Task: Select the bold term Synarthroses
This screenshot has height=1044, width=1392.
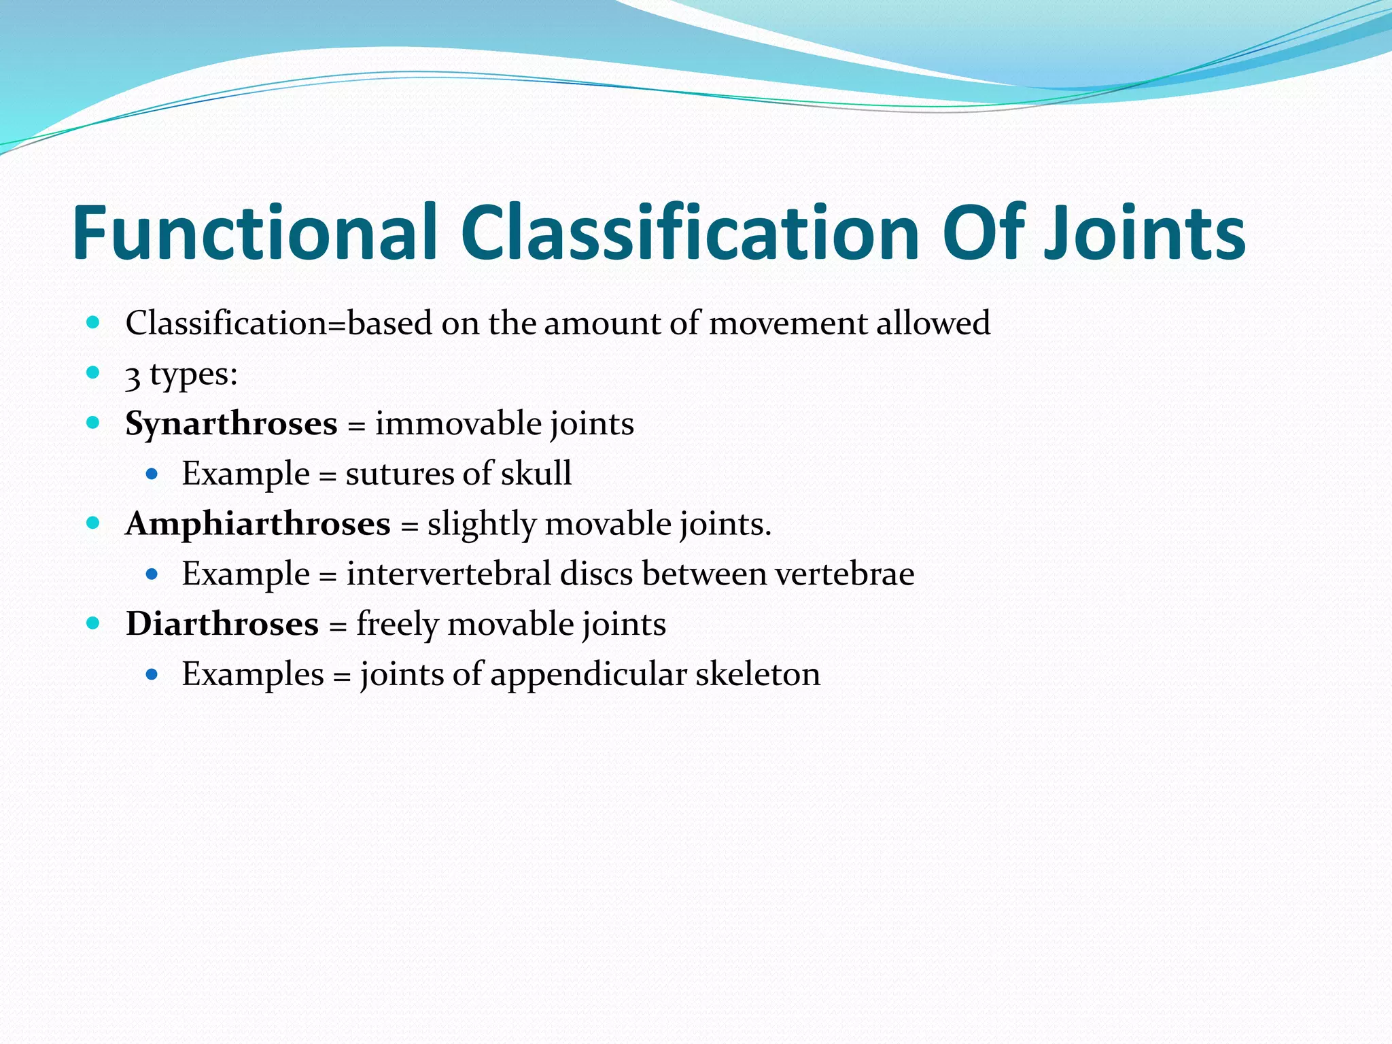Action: pyautogui.click(x=231, y=424)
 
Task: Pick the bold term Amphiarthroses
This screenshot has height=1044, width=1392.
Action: pyautogui.click(x=258, y=524)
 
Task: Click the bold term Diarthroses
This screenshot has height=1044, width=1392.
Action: pyautogui.click(x=222, y=624)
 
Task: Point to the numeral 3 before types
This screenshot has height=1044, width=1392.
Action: pyautogui.click(x=133, y=376)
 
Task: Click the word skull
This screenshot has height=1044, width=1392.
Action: pyautogui.click(x=536, y=473)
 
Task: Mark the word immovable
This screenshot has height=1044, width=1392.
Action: pyautogui.click(x=458, y=424)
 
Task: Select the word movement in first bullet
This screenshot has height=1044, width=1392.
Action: pyautogui.click(x=788, y=324)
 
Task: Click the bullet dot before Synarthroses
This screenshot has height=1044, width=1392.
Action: pyautogui.click(x=93, y=422)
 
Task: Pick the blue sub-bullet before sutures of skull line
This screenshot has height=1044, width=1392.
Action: pyautogui.click(x=152, y=473)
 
